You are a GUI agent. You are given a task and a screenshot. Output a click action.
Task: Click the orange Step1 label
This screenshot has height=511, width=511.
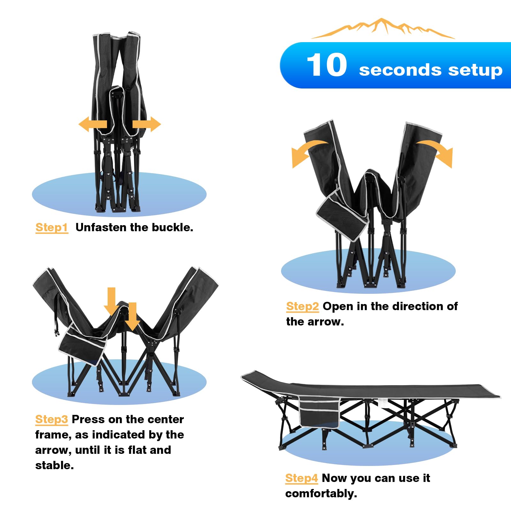point(52,227)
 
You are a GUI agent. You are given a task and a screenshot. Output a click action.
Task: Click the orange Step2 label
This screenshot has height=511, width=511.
point(302,307)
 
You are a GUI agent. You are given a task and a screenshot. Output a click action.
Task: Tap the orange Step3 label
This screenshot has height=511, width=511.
point(51,419)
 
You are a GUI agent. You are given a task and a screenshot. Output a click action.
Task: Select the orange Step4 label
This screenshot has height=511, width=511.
point(301,478)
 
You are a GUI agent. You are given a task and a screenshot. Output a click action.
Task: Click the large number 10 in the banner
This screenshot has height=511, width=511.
point(327,65)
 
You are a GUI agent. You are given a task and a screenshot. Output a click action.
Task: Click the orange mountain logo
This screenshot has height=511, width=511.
point(383,28)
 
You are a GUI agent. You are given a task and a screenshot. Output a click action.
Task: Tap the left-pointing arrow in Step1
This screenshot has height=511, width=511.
point(93,124)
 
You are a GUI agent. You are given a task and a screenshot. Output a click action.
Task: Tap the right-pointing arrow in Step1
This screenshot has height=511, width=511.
point(147,124)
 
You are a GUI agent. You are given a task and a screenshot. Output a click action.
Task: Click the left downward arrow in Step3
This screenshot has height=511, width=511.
point(111,301)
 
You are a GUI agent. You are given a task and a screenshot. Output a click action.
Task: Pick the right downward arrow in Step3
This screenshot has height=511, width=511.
point(132,317)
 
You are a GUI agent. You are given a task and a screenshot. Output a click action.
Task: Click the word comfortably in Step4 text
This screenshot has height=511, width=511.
point(321,494)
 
